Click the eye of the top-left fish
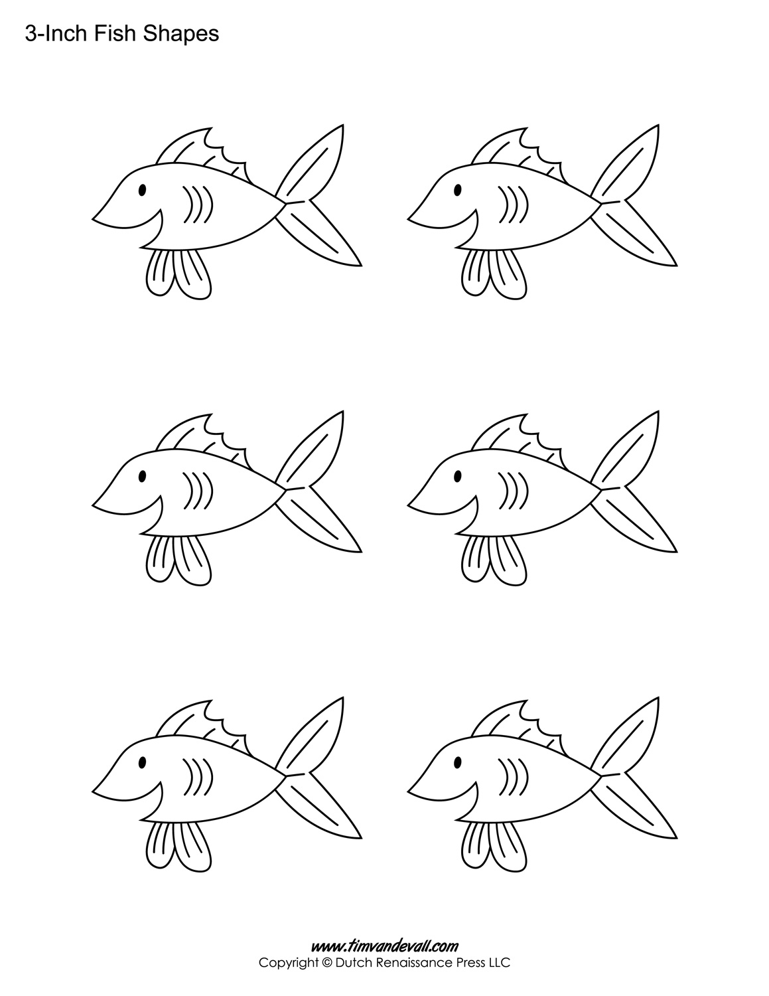[142, 191]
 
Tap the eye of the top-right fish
[458, 191]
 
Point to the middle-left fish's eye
[142, 476]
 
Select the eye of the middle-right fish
[458, 476]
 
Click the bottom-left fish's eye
[142, 762]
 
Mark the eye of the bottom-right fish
[458, 762]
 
